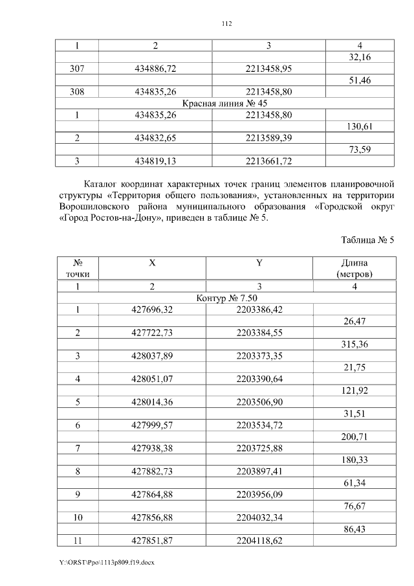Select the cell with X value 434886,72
point(154,69)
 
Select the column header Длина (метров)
point(354,268)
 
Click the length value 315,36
point(354,344)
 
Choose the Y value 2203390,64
point(259,379)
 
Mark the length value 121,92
point(354,390)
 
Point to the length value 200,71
point(354,437)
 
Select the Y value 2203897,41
point(259,472)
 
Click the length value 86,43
point(354,530)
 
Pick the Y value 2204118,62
point(259,542)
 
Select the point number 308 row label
point(77,91)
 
